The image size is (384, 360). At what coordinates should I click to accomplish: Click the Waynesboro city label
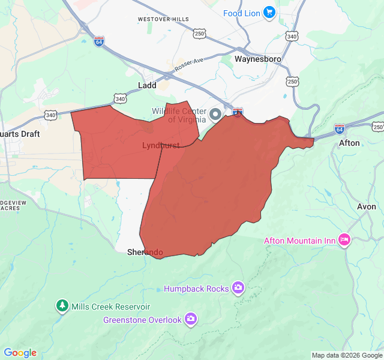(x=258, y=59)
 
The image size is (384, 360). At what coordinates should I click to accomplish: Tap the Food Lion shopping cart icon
(x=268, y=12)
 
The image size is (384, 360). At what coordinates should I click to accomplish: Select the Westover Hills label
(x=163, y=19)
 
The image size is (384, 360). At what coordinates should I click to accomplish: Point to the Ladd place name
(x=147, y=85)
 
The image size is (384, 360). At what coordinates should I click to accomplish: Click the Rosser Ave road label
(x=189, y=65)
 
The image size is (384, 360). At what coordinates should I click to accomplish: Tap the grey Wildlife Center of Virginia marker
(x=215, y=114)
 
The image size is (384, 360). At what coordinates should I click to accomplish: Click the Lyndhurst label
(x=161, y=145)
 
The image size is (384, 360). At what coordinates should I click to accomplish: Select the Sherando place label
(x=145, y=253)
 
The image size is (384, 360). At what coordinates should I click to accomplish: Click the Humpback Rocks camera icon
(x=238, y=288)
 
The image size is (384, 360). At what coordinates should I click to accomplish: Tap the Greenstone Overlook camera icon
(x=190, y=319)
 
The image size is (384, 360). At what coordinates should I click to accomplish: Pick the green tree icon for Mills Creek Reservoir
(x=62, y=306)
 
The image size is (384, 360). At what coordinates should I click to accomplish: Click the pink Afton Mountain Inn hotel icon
(x=344, y=240)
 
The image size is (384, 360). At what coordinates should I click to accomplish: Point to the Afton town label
(x=350, y=143)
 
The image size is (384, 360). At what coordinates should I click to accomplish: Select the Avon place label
(x=367, y=206)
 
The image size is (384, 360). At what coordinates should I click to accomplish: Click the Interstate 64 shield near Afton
(x=340, y=128)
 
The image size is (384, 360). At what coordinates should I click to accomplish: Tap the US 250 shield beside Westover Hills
(x=200, y=34)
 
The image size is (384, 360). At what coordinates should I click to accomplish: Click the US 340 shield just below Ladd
(x=120, y=98)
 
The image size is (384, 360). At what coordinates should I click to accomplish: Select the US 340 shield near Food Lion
(x=292, y=37)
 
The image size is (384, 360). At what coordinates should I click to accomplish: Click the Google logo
(x=20, y=353)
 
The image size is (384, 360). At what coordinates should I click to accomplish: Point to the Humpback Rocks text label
(x=196, y=289)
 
